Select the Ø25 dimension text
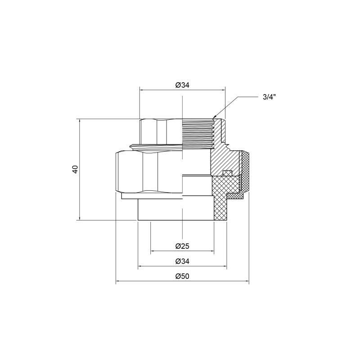point(182,246)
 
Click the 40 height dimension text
point(75,170)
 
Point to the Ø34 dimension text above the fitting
point(182,85)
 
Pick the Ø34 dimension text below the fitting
point(182,261)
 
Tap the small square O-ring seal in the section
point(227,173)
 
